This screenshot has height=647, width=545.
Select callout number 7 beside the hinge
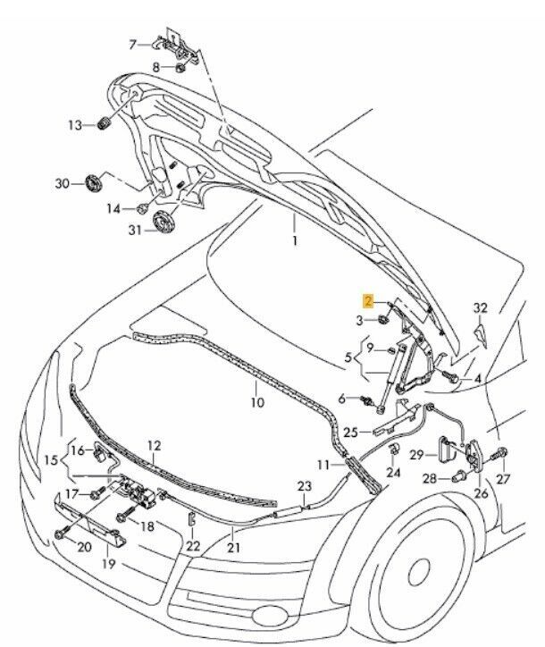coord(133,44)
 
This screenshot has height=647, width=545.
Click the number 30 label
coord(62,184)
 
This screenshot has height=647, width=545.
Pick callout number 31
coord(136,230)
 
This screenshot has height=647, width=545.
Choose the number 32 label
coord(481,308)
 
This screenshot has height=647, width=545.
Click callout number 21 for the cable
coord(234,547)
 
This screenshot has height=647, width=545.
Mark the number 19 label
coord(108,563)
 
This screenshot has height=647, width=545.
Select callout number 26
coord(482,492)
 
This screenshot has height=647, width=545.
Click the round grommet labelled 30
coord(93,183)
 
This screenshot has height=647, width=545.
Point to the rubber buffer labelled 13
coord(102,123)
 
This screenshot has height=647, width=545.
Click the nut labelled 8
coord(180,67)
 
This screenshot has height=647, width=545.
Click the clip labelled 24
coord(394,450)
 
